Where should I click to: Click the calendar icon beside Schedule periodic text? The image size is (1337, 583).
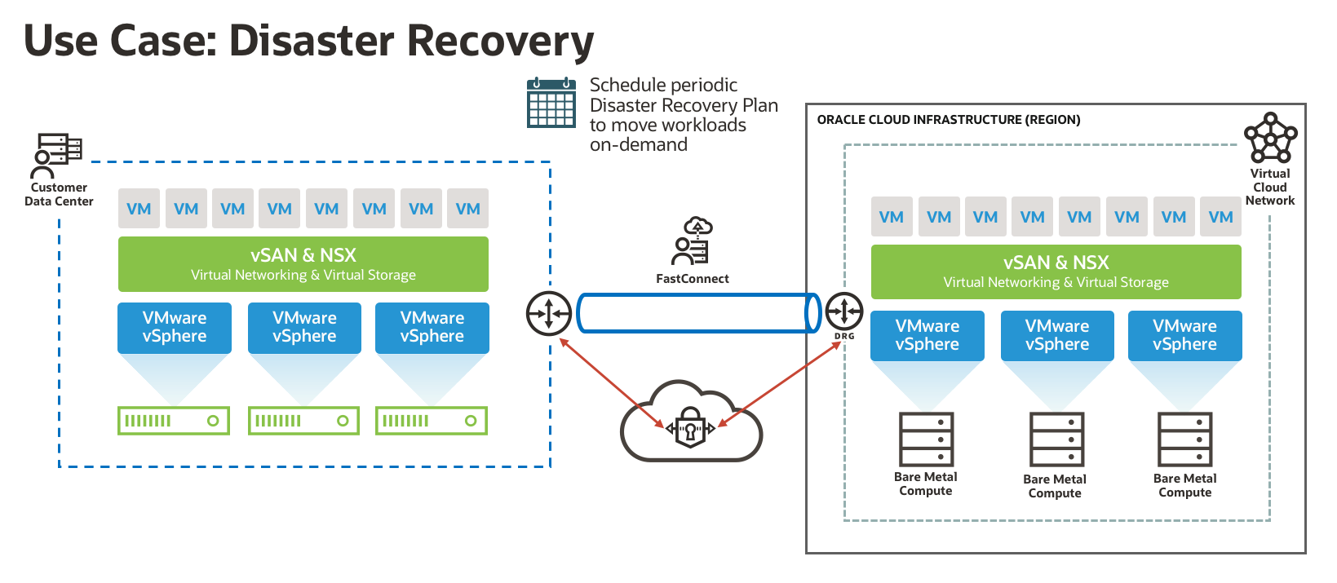click(x=551, y=103)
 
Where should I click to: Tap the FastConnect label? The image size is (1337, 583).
click(x=692, y=279)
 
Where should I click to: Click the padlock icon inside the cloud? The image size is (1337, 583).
click(x=690, y=424)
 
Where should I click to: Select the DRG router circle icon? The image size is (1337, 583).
click(x=844, y=311)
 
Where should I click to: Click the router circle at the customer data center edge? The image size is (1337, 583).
click(x=548, y=313)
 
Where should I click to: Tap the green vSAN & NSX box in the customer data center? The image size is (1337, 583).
click(x=303, y=264)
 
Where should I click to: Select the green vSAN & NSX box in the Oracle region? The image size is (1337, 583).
click(x=1056, y=272)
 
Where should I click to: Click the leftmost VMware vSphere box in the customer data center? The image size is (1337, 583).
click(x=175, y=328)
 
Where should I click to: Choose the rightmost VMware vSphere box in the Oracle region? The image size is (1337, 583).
click(x=1184, y=335)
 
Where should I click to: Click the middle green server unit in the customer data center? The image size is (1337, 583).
click(x=303, y=421)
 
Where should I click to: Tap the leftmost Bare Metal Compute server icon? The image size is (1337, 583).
click(x=926, y=439)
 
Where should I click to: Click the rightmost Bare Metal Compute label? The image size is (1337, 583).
click(x=1184, y=485)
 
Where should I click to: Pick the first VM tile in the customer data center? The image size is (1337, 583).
click(x=139, y=209)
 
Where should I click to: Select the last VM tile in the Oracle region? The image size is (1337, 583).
click(x=1220, y=217)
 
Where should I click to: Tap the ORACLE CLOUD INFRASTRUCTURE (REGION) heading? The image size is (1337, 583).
click(x=948, y=120)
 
